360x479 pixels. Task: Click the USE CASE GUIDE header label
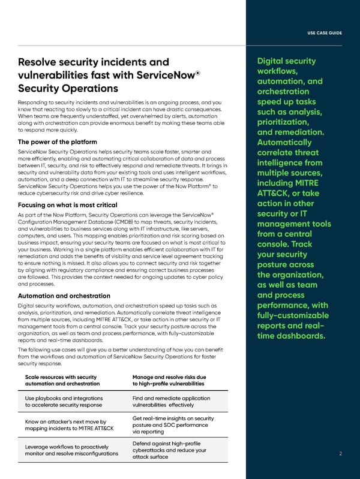(x=325, y=32)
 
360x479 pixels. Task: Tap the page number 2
(x=340, y=453)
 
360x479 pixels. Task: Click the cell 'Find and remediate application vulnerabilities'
(x=170, y=401)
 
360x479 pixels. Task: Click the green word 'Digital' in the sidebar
(x=274, y=61)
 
